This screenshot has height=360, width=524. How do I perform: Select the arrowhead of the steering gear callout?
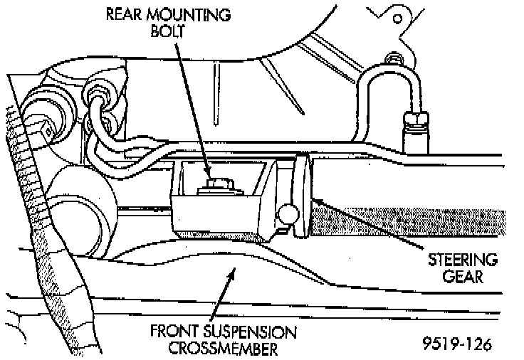tap(318, 203)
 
